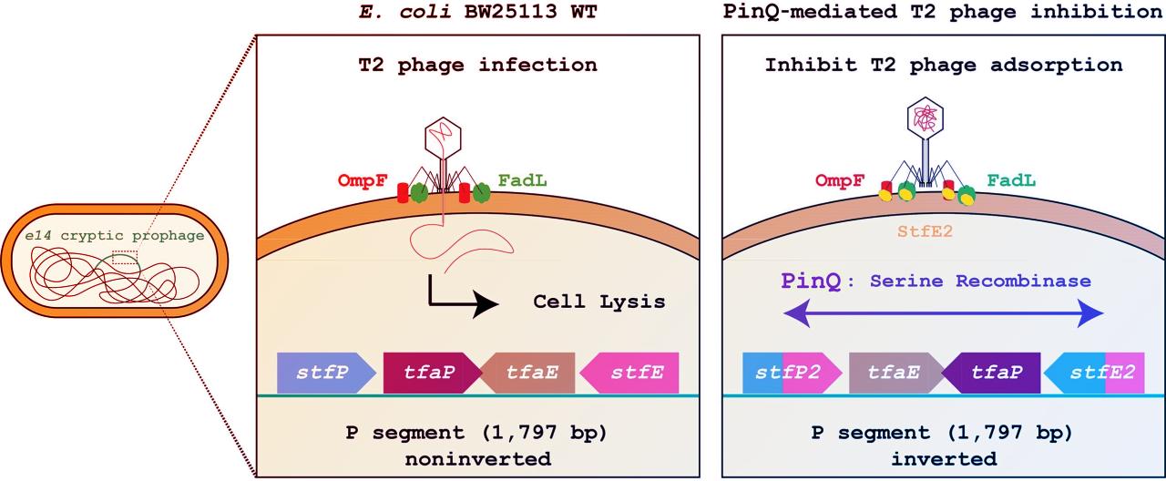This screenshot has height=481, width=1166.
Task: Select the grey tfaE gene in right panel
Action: [893, 373]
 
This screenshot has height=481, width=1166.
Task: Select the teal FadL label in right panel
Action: [1010, 181]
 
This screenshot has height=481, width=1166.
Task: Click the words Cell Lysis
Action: [598, 302]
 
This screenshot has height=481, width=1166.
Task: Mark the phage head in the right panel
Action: [925, 118]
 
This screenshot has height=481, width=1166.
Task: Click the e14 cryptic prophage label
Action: [114, 235]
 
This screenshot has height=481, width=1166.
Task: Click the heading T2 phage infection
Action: [476, 65]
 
